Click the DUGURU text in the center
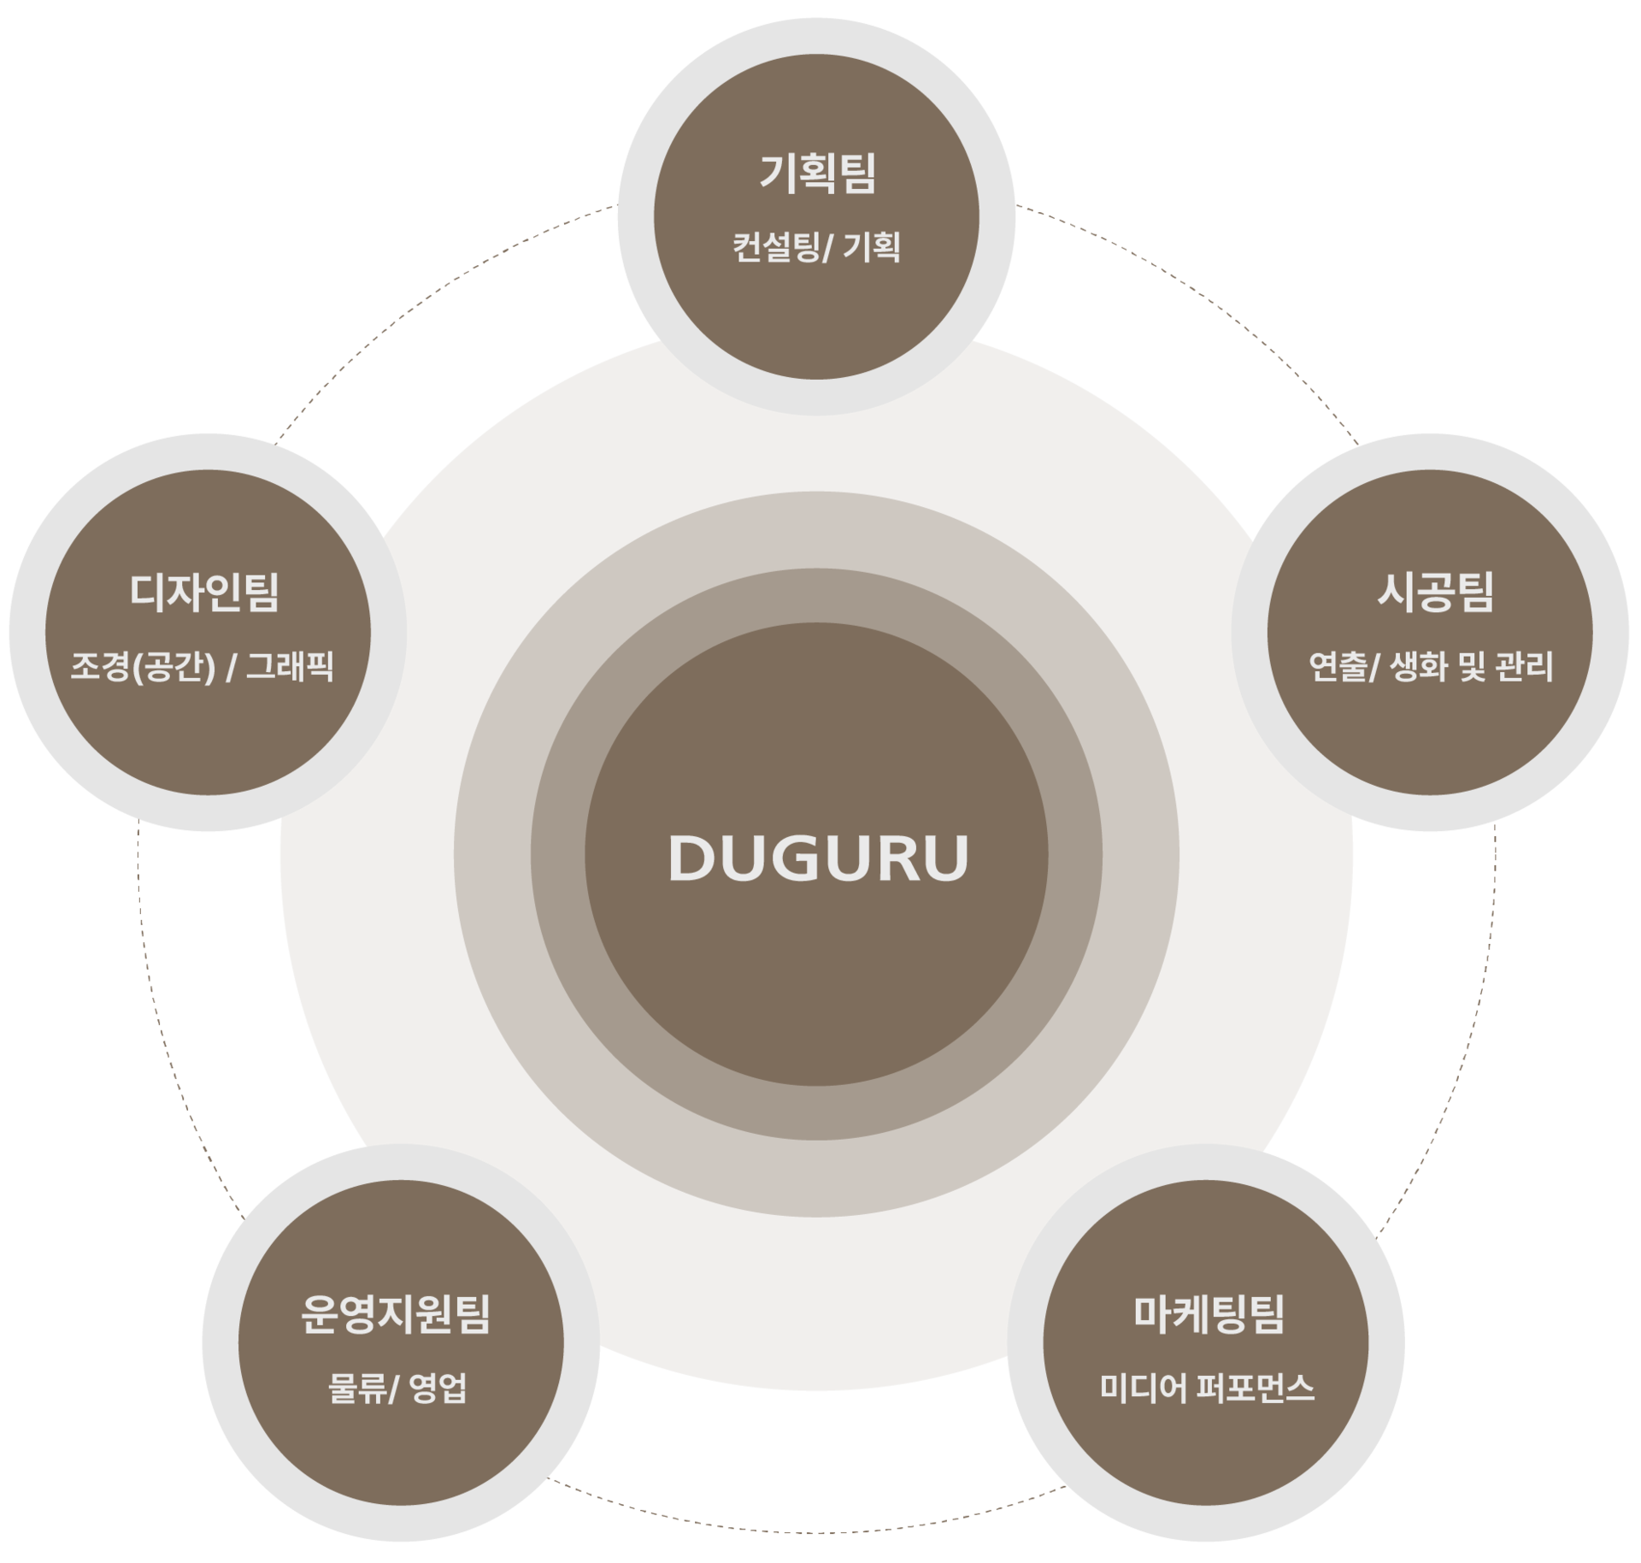(818, 858)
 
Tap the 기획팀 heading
(818, 174)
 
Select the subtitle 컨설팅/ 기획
(816, 248)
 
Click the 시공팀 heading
(1435, 593)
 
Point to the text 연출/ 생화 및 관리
(1431, 666)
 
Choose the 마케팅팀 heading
(1209, 1314)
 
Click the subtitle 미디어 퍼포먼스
(1207, 1388)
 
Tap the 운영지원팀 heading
(396, 1314)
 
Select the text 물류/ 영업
(397, 1388)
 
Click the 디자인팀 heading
(204, 593)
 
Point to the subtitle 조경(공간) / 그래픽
(202, 667)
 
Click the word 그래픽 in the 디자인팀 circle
(290, 667)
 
